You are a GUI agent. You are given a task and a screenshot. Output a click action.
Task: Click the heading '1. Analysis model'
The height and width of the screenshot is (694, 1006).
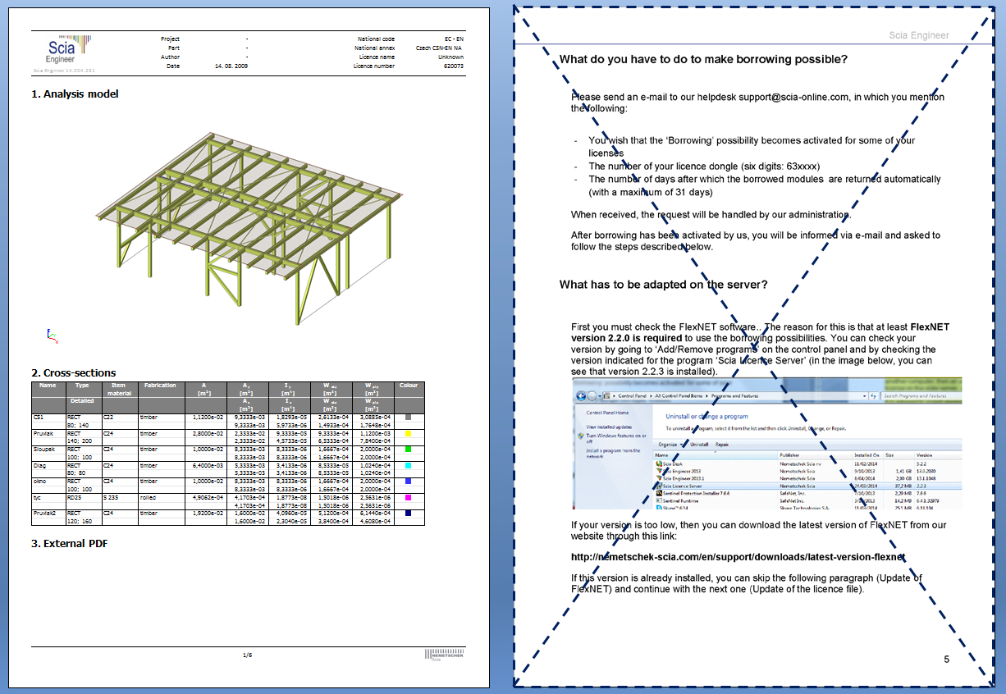click(75, 94)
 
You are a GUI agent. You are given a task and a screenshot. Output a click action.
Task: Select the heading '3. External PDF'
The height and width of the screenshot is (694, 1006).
click(69, 543)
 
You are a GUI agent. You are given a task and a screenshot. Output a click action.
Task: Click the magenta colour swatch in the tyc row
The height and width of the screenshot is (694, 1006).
click(409, 497)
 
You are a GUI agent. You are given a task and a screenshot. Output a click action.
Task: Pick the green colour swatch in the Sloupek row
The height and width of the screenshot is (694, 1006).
click(409, 449)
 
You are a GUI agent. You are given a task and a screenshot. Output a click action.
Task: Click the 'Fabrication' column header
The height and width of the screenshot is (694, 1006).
click(159, 385)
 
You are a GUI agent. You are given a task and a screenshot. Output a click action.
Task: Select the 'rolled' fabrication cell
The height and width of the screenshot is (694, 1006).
click(149, 497)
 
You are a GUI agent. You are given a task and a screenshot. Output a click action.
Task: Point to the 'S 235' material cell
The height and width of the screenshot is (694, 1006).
click(111, 497)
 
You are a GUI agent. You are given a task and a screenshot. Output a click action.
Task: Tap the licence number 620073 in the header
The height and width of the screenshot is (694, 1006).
click(454, 66)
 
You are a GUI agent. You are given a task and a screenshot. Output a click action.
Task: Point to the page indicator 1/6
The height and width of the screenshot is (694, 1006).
click(247, 655)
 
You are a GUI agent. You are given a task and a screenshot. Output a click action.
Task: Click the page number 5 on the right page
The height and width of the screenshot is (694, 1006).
click(946, 660)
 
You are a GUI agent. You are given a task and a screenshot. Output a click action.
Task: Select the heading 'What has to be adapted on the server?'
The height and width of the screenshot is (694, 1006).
click(663, 285)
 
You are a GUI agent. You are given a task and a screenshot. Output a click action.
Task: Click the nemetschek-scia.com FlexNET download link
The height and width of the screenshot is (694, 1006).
click(738, 557)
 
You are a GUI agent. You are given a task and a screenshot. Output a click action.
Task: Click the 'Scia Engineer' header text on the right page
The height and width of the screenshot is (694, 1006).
click(919, 35)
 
